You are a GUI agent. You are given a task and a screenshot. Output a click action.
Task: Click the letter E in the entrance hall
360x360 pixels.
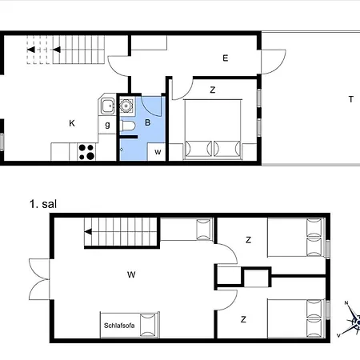[226, 58]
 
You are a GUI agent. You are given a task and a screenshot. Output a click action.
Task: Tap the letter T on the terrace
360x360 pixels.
[350, 99]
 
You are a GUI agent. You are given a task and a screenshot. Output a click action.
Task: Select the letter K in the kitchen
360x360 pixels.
[71, 123]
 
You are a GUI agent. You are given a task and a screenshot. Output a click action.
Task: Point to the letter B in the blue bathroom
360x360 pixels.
[148, 123]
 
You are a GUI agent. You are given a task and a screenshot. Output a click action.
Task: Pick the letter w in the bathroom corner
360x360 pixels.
[158, 151]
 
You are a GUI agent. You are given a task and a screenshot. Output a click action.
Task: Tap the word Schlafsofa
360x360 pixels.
[119, 325]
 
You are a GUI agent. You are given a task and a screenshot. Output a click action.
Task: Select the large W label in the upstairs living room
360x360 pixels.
[131, 274]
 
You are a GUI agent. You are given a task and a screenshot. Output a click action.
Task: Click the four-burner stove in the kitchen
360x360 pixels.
[86, 151]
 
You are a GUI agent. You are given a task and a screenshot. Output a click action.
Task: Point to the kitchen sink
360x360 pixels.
[106, 105]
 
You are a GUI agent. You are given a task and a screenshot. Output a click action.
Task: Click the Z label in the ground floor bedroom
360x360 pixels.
[212, 90]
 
